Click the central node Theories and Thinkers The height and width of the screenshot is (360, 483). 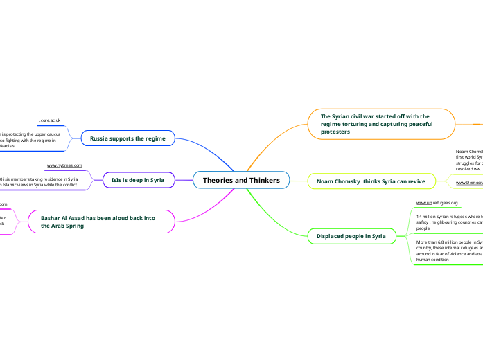click(x=241, y=181)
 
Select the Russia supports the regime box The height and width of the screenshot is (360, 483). click(x=128, y=138)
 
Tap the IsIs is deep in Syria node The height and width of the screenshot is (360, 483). click(x=137, y=180)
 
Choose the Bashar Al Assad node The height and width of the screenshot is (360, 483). click(x=101, y=222)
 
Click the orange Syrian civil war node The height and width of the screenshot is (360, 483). click(x=382, y=123)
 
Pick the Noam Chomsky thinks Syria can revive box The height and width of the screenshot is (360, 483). click(x=372, y=181)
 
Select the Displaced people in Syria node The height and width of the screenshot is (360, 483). click(x=351, y=236)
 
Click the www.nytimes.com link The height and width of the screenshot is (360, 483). click(x=64, y=166)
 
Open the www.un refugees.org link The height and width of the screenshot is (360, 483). click(x=437, y=203)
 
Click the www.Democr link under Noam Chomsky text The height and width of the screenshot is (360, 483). click(x=469, y=183)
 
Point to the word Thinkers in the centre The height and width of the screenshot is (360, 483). click(x=262, y=181)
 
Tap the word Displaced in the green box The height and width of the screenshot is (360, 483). click(x=332, y=236)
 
